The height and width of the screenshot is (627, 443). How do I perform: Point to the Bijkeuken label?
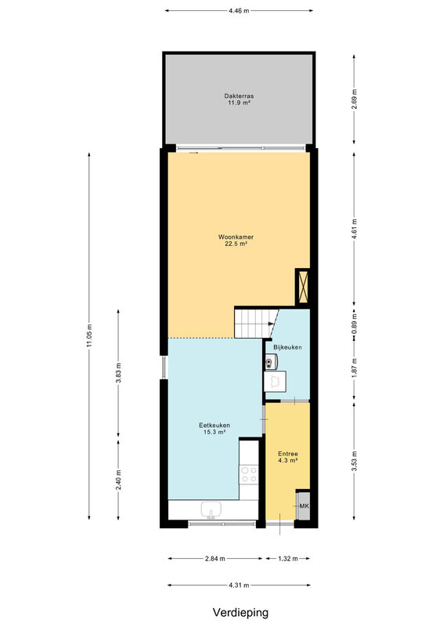(x=287, y=347)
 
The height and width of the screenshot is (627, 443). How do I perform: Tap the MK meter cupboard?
(x=303, y=506)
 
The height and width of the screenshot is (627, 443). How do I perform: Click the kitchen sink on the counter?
(x=211, y=511)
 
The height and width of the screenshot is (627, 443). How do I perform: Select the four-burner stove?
(x=248, y=475)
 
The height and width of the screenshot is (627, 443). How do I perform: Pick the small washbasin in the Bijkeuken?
(x=270, y=363)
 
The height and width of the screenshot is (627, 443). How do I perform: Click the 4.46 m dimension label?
(x=239, y=11)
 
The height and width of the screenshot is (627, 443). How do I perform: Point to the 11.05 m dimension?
(x=89, y=336)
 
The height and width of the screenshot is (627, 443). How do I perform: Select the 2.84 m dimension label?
(x=215, y=559)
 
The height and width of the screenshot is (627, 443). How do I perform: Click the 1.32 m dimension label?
(x=288, y=559)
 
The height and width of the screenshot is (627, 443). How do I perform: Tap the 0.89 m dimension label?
(x=354, y=324)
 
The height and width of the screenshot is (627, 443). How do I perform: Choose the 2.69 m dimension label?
(x=354, y=100)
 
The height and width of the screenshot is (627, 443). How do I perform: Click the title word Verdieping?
(x=240, y=613)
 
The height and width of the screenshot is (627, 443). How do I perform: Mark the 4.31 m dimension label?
(x=239, y=585)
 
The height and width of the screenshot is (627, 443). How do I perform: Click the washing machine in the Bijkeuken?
(x=276, y=382)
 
